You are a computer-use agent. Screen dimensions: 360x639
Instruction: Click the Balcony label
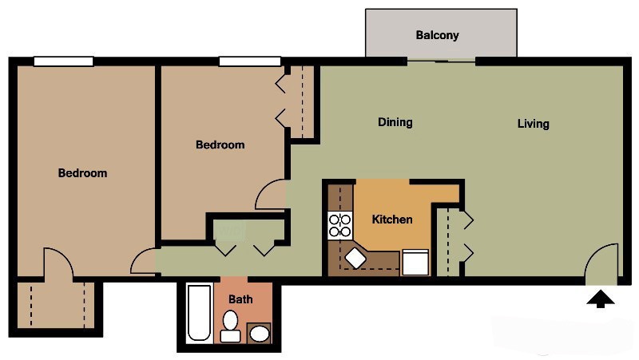click(x=437, y=35)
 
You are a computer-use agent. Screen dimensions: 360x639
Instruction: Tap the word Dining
click(x=395, y=122)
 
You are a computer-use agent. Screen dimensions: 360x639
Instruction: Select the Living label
click(x=533, y=124)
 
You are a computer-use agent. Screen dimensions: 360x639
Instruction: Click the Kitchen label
click(x=392, y=219)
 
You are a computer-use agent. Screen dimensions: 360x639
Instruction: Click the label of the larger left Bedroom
click(x=82, y=173)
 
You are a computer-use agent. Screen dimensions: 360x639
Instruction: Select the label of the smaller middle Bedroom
click(x=220, y=144)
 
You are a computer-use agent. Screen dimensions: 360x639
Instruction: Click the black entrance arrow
click(x=601, y=299)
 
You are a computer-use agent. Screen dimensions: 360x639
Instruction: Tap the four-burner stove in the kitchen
click(x=340, y=225)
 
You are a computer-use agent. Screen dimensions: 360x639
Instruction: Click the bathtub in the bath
click(x=199, y=314)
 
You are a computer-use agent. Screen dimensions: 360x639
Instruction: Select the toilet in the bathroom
click(x=231, y=326)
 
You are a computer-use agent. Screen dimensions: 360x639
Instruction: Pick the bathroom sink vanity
click(x=259, y=332)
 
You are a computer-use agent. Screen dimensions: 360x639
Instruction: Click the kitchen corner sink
click(x=355, y=259)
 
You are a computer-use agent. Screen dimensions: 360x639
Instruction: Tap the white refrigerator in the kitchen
click(x=415, y=262)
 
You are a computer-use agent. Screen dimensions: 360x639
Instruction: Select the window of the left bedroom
click(x=63, y=61)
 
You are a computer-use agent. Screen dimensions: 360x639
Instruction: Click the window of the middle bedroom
click(x=250, y=61)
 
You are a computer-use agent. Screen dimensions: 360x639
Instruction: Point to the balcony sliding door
click(x=441, y=61)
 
